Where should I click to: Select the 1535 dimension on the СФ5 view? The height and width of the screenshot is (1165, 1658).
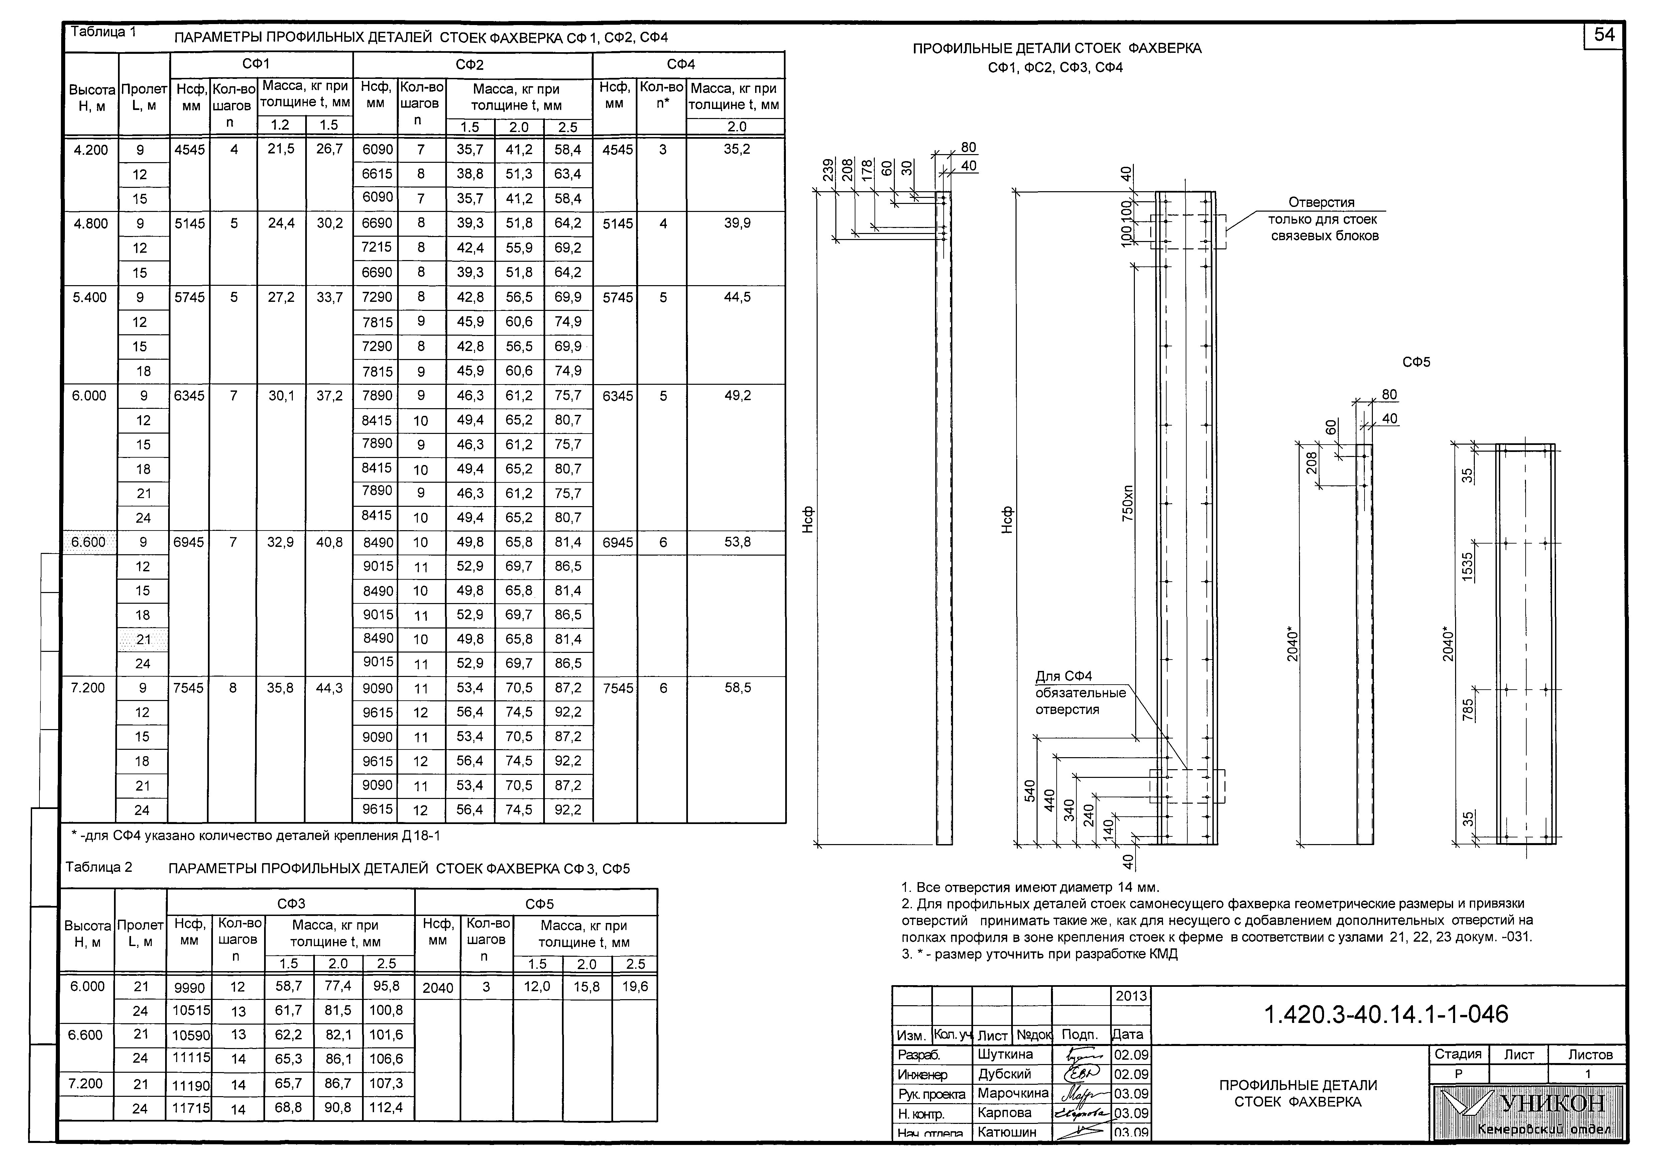(1467, 566)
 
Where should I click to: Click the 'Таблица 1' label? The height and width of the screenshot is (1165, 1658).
(103, 32)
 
